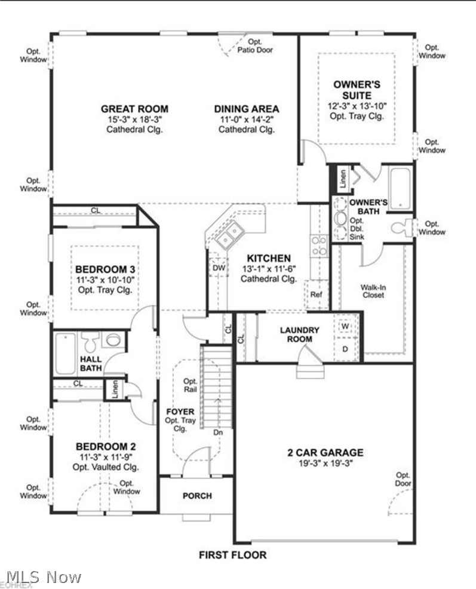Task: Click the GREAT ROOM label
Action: coord(134,109)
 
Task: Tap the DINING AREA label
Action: coord(246,109)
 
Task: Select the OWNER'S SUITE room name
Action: coord(357,90)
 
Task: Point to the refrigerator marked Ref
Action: coord(316,294)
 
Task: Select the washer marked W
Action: coord(345,327)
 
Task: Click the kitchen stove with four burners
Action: coord(318,246)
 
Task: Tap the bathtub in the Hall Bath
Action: coord(65,353)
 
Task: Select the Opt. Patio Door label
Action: coord(255,46)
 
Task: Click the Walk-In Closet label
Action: coord(373,291)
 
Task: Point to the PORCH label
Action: coord(197,496)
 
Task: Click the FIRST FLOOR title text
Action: coord(233,555)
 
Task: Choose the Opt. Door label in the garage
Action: coord(403,479)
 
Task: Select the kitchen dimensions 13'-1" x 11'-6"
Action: coord(269,269)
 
